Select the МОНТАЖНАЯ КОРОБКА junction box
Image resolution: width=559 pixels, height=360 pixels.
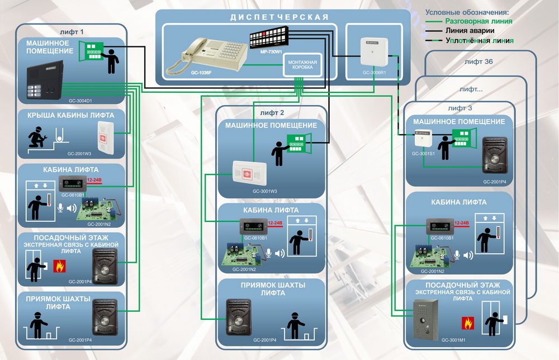pyautogui.click(x=302, y=65)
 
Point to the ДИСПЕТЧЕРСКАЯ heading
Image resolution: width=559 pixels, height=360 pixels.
pyautogui.click(x=279, y=17)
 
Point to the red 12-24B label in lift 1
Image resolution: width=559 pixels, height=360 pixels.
pyautogui.click(x=95, y=179)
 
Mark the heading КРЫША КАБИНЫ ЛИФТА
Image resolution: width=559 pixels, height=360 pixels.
pyautogui.click(x=70, y=115)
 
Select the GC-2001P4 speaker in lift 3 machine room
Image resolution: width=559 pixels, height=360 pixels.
pyautogui.click(x=495, y=156)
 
